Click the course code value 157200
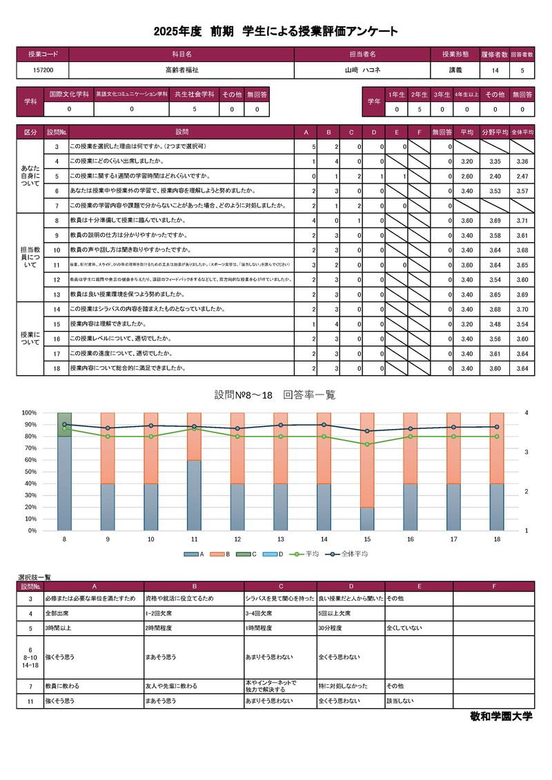coord(43,70)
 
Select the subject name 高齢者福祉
coord(181,70)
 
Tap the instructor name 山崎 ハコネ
coord(362,70)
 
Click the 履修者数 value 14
coord(495,70)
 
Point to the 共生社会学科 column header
coord(194,94)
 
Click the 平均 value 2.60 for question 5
coord(466,176)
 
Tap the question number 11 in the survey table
coord(56,264)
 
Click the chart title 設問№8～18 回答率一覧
coord(275,394)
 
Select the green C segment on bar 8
coord(64,424)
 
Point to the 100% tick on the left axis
coord(30,413)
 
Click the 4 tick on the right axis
coord(526,413)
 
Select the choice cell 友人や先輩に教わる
coord(170,686)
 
